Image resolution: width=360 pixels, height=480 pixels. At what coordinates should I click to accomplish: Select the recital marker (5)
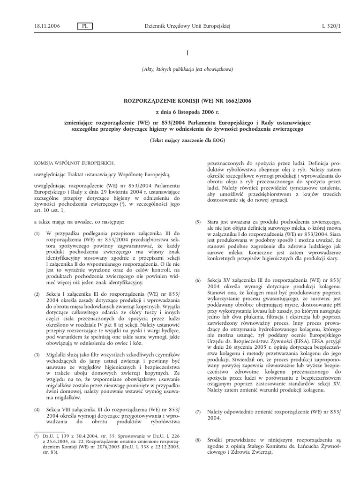point(198,222)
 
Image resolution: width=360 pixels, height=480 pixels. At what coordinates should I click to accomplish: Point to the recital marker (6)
point(198,280)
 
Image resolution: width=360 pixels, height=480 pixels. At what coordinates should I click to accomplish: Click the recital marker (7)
point(198,412)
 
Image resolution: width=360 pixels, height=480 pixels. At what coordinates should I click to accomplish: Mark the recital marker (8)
point(198,441)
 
